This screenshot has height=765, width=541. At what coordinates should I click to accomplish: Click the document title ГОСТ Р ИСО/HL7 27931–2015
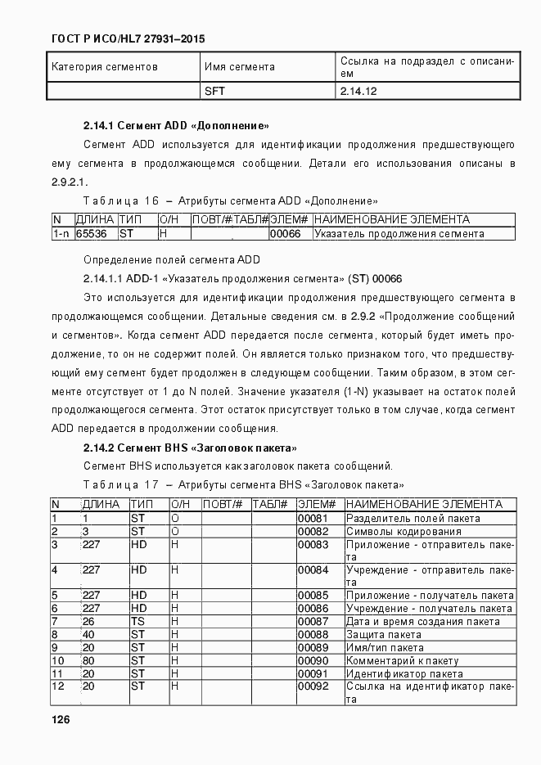click(128, 38)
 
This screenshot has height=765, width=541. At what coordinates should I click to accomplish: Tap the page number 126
click(61, 719)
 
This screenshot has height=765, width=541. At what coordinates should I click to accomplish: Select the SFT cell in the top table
click(214, 91)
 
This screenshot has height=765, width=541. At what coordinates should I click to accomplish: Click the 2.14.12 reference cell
click(358, 91)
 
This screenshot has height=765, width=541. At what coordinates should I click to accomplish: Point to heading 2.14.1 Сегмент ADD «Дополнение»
click(176, 126)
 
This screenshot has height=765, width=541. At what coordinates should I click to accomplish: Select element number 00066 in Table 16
click(286, 233)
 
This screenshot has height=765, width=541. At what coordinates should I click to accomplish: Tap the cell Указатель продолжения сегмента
click(399, 233)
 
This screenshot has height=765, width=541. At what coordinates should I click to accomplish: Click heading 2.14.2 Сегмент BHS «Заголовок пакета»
click(189, 448)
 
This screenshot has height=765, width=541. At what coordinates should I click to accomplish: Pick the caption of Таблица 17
click(243, 484)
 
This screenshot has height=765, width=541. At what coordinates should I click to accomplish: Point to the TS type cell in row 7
click(138, 621)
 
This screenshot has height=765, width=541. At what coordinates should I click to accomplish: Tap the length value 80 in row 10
click(89, 660)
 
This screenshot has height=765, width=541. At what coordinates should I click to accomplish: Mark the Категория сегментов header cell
click(104, 66)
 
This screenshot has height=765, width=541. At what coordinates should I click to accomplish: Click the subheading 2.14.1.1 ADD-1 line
click(242, 278)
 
